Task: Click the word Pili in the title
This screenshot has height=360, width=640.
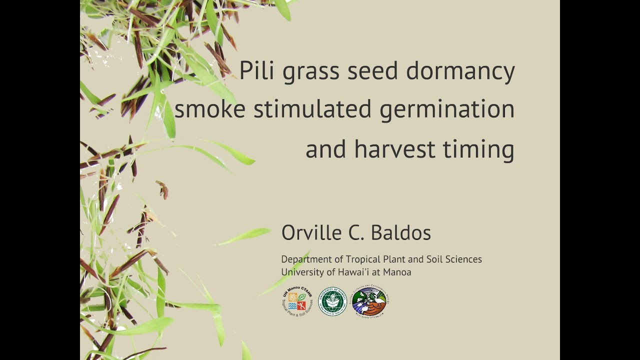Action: click(256, 70)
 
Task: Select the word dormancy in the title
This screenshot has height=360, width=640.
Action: click(460, 71)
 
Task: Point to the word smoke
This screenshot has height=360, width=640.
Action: click(209, 109)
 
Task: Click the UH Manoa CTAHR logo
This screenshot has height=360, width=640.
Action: click(297, 302)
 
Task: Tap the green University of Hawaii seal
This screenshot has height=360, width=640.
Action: click(332, 301)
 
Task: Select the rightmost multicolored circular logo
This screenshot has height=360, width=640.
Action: click(369, 302)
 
